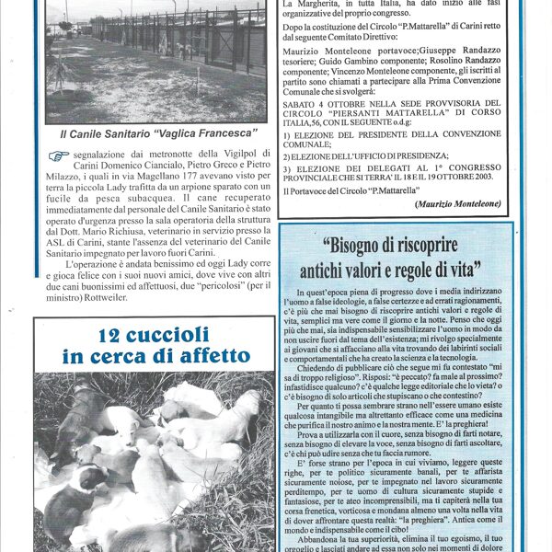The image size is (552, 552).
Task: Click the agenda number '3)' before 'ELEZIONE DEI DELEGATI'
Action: (x=287, y=168)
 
